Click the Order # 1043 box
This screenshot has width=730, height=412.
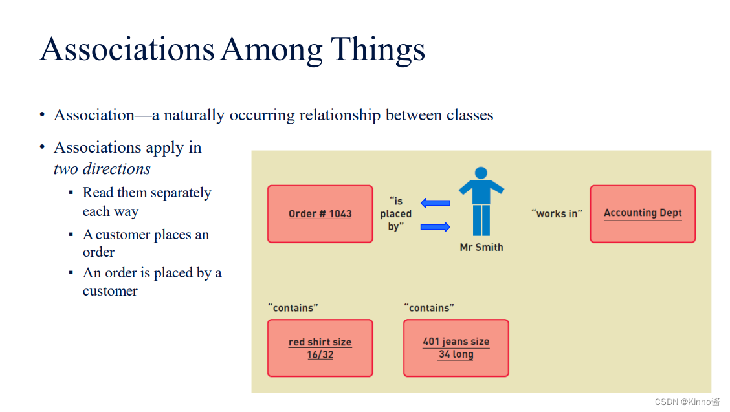[x=320, y=214]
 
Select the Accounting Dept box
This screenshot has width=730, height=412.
[x=642, y=214]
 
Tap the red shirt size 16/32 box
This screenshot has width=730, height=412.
[x=320, y=348]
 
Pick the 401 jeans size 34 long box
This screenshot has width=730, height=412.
[x=456, y=348]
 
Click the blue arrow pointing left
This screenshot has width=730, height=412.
[x=435, y=203]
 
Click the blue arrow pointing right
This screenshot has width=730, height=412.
[x=435, y=226]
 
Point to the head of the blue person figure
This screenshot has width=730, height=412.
[x=481, y=173]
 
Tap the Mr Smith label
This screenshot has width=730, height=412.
[x=481, y=247]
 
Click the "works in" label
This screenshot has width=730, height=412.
[x=557, y=213]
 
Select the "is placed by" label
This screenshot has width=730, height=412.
[x=395, y=213]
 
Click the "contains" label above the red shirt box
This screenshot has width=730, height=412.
[x=293, y=308]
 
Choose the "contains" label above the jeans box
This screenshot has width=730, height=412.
[x=429, y=308]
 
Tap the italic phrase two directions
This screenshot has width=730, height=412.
[x=102, y=169]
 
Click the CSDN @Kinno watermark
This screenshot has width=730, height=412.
[x=687, y=402]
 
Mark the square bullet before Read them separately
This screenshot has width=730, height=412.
[x=71, y=193]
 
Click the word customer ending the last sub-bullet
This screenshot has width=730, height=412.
[x=110, y=291]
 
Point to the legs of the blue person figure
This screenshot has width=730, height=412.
[x=481, y=220]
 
